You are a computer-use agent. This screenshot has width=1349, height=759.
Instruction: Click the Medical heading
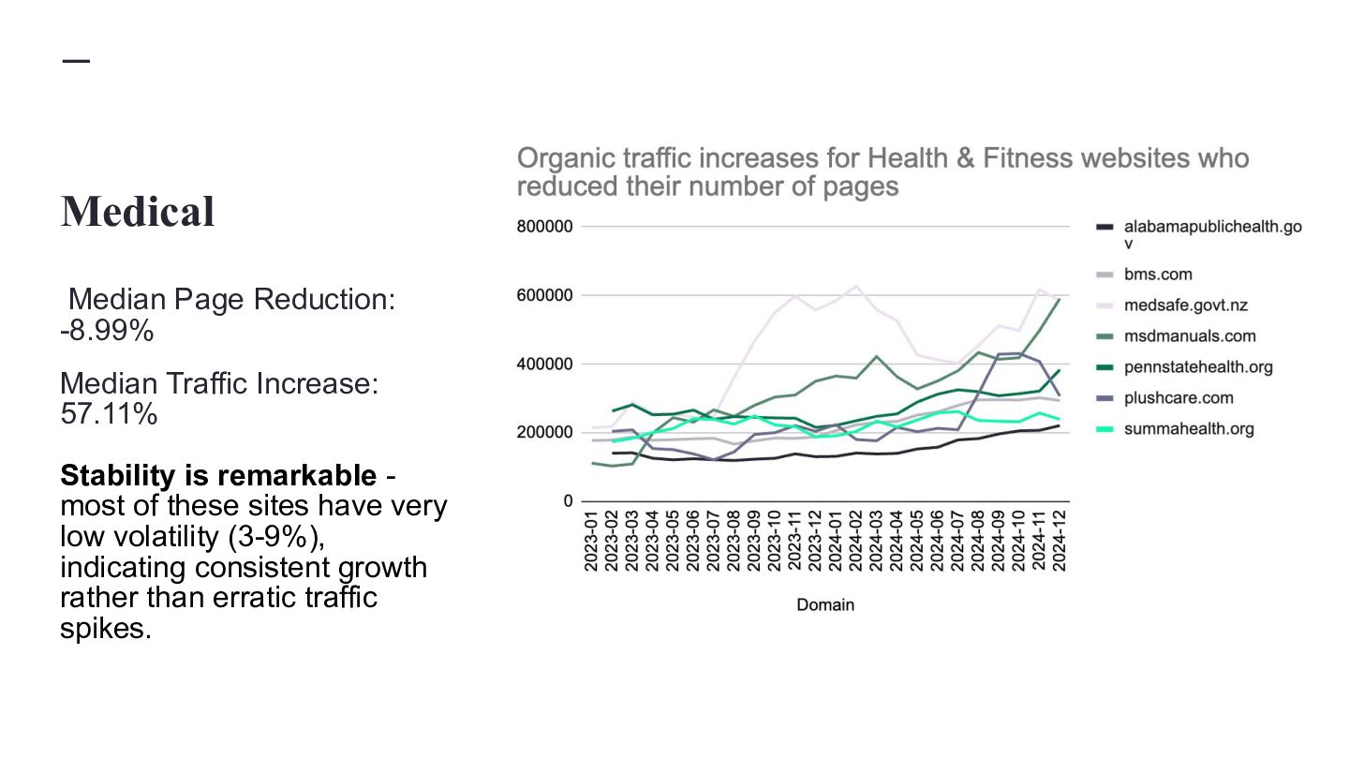point(138,212)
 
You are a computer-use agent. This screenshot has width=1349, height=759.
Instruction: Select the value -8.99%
point(107,332)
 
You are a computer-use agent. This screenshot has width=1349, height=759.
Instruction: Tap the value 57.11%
point(109,414)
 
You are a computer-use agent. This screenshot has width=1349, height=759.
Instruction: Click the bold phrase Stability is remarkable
point(217,476)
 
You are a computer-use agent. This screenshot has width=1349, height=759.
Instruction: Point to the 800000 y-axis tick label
point(544,227)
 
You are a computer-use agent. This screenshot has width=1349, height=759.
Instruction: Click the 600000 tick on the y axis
point(544,295)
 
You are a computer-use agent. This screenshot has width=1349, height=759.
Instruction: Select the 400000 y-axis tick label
point(544,365)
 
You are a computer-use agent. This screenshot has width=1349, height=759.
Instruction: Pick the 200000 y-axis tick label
point(544,433)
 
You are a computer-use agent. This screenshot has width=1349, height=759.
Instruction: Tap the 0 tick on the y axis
point(568,501)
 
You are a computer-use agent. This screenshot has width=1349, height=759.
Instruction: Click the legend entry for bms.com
point(1158,275)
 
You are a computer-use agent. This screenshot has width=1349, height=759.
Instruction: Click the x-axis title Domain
point(825,605)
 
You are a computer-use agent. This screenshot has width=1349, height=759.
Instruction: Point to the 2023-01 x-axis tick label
point(592,541)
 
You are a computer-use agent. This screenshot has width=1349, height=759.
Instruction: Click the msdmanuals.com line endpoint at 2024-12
point(1060,299)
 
